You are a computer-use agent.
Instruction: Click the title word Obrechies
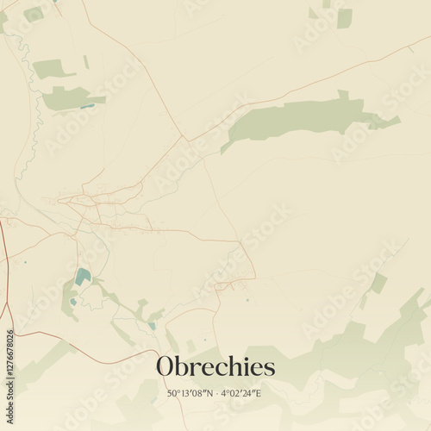pos(215,367)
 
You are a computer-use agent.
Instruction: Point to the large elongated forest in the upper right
pos(297,119)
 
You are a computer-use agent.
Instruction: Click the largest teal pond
pos(83,277)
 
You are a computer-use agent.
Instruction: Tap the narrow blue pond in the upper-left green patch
pos(88,105)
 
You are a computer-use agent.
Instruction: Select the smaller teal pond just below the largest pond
pos(74,301)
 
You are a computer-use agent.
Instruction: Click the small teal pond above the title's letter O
pos(152,325)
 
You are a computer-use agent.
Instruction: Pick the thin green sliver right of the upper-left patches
pos(86,62)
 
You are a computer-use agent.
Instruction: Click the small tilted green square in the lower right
pos(378,283)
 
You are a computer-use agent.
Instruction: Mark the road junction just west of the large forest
pos(184,138)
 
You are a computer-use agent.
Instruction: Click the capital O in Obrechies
pos(166,367)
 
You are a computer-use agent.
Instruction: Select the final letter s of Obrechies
pos(270,368)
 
